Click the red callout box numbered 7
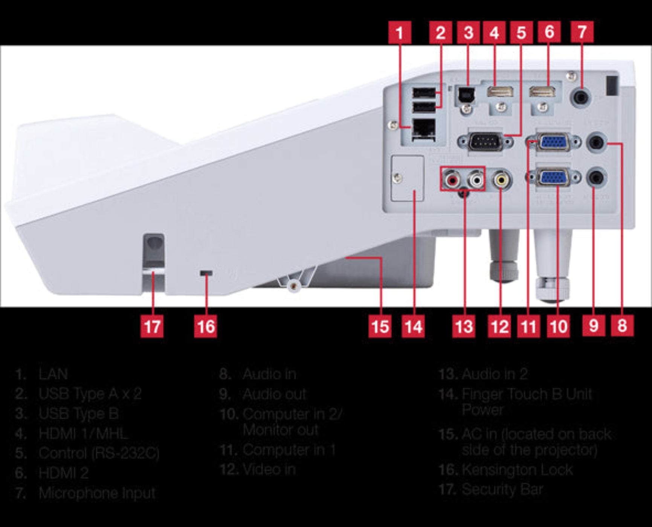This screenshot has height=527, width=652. (x=582, y=32)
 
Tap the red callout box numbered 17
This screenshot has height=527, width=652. (x=153, y=326)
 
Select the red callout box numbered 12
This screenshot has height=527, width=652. (x=500, y=326)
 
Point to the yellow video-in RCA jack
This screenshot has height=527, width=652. (x=501, y=180)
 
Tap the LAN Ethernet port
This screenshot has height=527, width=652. (x=424, y=130)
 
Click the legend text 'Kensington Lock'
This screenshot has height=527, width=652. (x=517, y=470)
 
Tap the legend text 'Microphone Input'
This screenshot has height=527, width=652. (x=97, y=493)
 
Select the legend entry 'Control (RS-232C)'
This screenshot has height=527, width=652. (x=99, y=453)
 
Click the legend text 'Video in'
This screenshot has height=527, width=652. (x=269, y=469)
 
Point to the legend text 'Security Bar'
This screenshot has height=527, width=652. (x=502, y=489)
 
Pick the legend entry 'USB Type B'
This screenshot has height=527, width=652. (x=79, y=413)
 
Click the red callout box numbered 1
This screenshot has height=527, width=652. (x=400, y=32)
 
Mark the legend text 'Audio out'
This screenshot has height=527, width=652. (x=274, y=394)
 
